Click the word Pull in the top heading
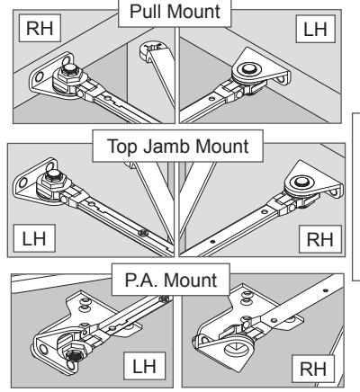[146, 12]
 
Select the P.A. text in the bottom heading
[141, 281]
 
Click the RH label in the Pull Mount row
[40, 28]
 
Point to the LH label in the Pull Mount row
[315, 29]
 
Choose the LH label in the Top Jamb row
[34, 238]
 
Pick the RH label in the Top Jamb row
[320, 239]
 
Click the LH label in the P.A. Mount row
[144, 366]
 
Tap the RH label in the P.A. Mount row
[313, 369]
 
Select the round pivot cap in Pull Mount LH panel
[247, 69]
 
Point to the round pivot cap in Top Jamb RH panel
[300, 182]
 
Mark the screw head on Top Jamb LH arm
[143, 232]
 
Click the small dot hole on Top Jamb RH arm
[212, 241]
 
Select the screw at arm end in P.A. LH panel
[164, 298]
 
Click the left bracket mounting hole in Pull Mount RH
[39, 77]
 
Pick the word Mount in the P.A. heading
[191, 281]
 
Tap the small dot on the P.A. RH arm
[326, 290]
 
